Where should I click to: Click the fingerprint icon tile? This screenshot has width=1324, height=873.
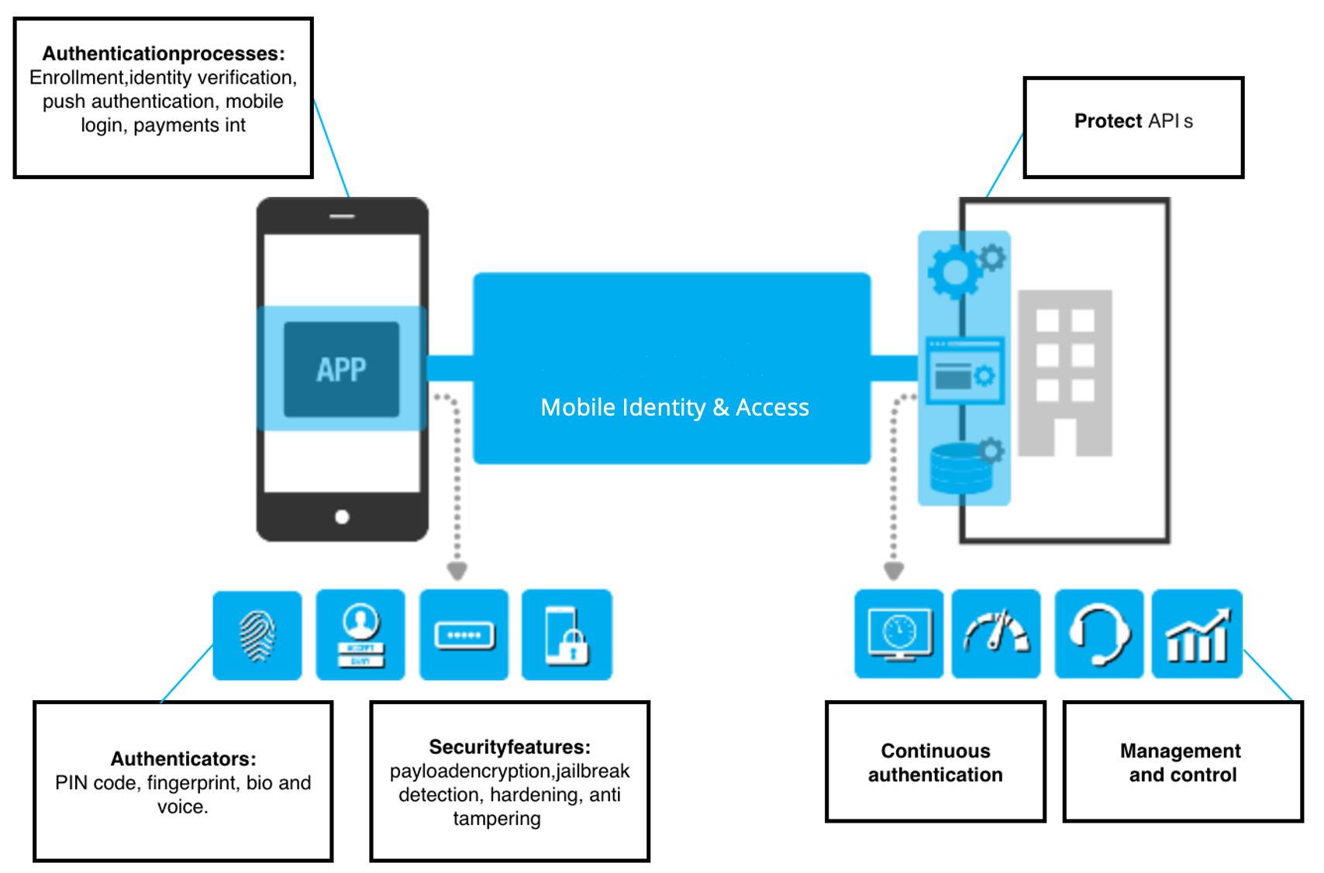[x=257, y=635]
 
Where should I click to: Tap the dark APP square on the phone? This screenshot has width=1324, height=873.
[x=341, y=369]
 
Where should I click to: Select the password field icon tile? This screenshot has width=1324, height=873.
[x=464, y=635]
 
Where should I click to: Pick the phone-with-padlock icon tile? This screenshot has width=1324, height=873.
[x=567, y=635]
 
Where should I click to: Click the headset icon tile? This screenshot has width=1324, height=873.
[x=1098, y=634]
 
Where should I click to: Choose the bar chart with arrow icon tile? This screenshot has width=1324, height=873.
[x=1197, y=634]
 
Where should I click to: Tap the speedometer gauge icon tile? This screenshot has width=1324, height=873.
[x=996, y=634]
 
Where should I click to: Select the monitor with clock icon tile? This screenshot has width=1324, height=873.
[x=898, y=634]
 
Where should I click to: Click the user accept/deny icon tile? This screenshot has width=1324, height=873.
[x=360, y=635]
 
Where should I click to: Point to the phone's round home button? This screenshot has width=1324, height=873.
[x=342, y=517]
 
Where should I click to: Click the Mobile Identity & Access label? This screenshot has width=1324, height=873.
[x=674, y=407]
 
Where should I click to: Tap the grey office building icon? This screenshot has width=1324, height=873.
[x=1065, y=373]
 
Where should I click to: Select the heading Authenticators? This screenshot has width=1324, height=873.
[x=183, y=758]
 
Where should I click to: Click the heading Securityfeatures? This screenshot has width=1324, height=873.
[x=509, y=747]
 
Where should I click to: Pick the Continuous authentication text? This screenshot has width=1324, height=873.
[x=935, y=762]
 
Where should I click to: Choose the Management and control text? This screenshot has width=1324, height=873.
[x=1181, y=762]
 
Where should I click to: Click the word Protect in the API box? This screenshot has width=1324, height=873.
[x=1108, y=121]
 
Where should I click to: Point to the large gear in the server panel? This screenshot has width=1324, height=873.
[x=955, y=272]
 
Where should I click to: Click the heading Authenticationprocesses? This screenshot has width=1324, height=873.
[x=164, y=53]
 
